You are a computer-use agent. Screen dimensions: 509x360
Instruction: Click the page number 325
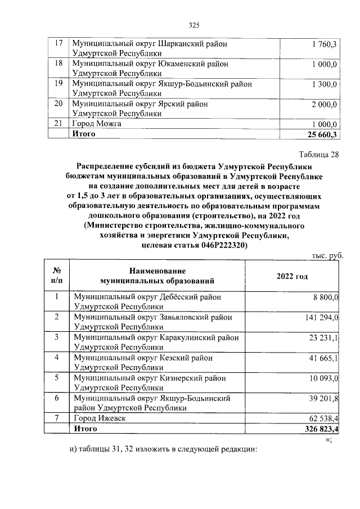click(x=194, y=25)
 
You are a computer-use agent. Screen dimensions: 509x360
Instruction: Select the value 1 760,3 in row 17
click(x=323, y=44)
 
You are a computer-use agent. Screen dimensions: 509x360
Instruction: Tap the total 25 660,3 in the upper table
click(x=319, y=134)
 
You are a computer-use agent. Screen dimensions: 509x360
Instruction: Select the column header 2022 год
click(x=292, y=276)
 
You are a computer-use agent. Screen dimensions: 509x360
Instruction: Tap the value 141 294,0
click(x=320, y=318)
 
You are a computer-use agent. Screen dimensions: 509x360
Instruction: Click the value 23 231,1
click(x=322, y=339)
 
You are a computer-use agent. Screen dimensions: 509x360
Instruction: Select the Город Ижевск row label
click(x=97, y=418)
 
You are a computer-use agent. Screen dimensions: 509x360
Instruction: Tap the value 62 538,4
click(x=322, y=419)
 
